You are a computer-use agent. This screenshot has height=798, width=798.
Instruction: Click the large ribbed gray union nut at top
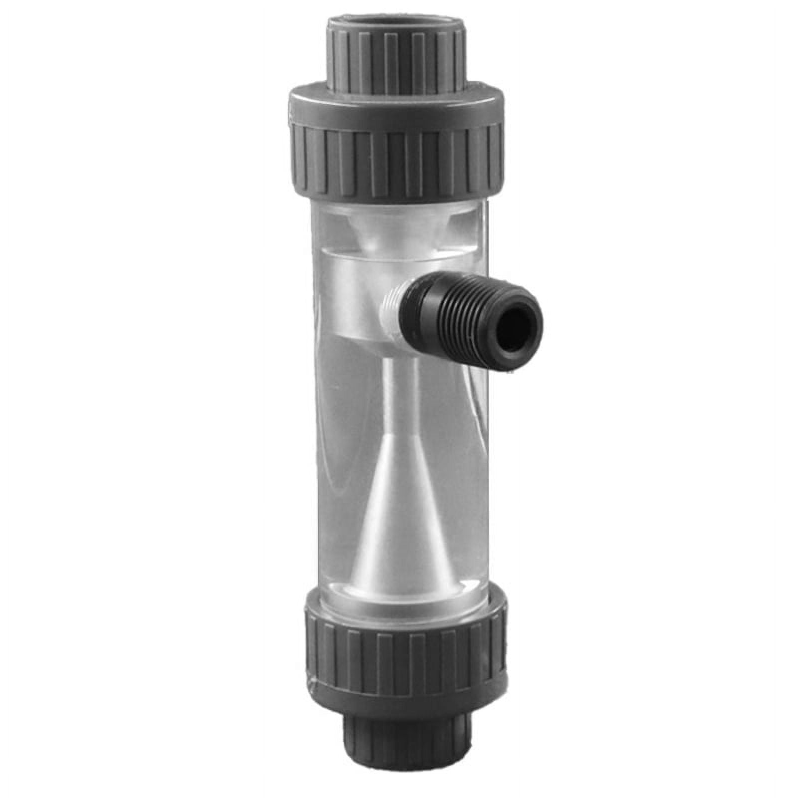pos(397,160)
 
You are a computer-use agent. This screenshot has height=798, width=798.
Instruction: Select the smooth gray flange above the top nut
pos(397,105)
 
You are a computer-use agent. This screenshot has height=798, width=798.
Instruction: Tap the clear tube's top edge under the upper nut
pos(397,205)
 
